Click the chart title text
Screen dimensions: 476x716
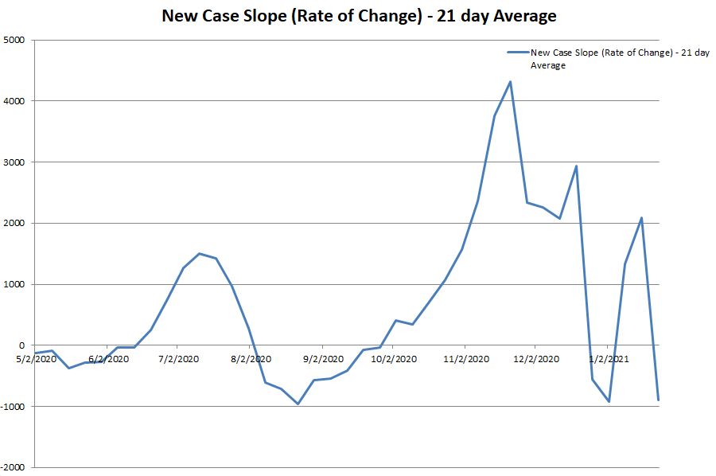point(358,15)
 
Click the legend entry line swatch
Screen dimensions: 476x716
point(517,53)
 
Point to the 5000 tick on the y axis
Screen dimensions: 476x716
point(14,40)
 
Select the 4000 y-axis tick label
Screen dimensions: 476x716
point(14,101)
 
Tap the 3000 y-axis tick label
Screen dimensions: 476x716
point(14,162)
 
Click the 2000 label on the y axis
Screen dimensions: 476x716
point(14,224)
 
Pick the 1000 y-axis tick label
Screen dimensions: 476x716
point(14,284)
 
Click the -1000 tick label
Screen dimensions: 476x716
point(12,407)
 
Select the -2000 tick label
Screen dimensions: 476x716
point(12,468)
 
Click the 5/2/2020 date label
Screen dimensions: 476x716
point(37,359)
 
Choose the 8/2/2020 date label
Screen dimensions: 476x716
point(251,359)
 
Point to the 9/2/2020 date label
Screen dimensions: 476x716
point(324,359)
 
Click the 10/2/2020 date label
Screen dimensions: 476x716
point(395,359)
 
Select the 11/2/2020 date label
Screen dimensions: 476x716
point(466,359)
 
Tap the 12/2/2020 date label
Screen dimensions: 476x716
point(537,359)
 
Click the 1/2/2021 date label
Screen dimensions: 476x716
point(609,359)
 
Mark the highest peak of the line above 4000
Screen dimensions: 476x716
point(510,81)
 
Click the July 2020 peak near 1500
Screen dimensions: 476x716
point(199,253)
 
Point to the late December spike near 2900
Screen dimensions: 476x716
point(576,166)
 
